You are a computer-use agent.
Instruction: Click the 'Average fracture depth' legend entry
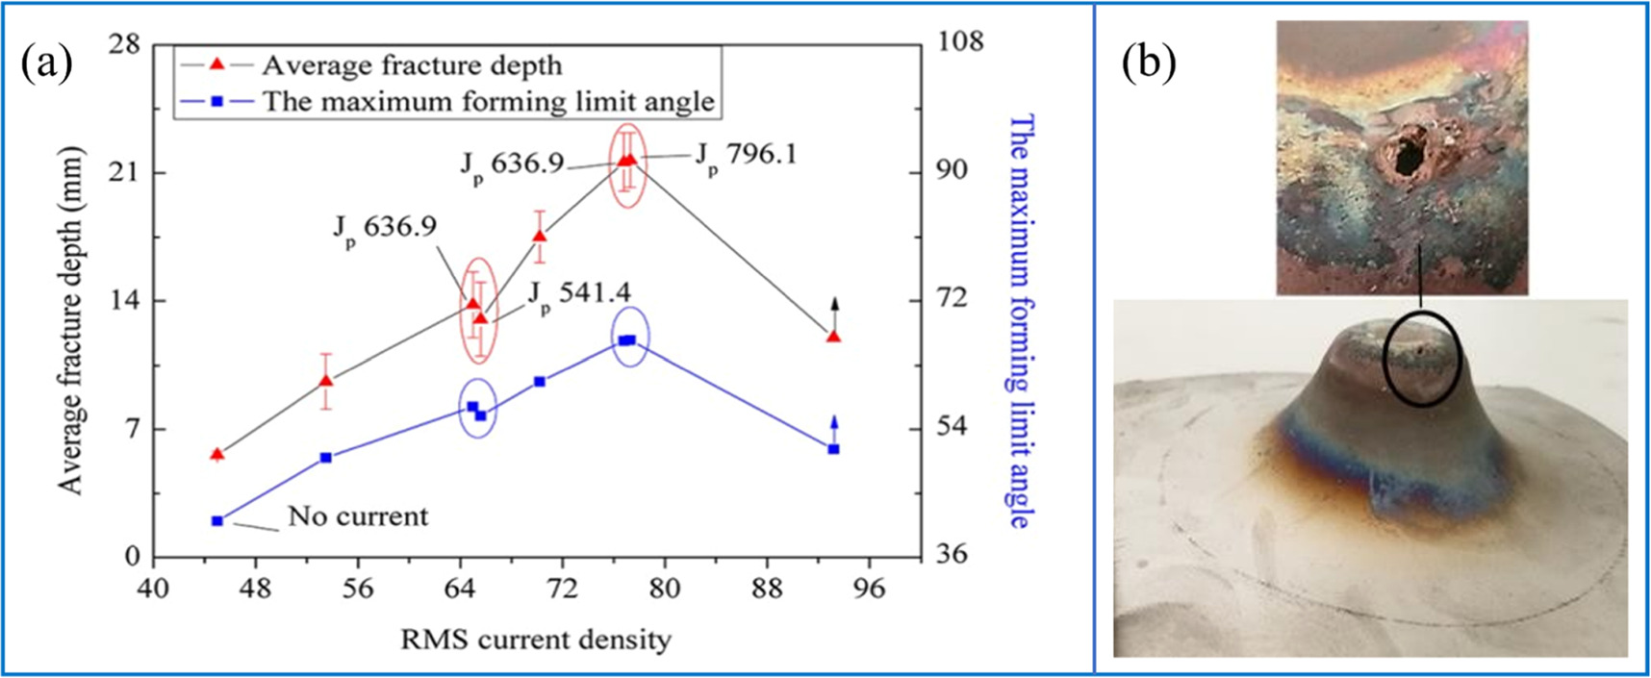click(x=411, y=65)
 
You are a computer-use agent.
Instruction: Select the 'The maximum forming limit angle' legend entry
click(x=488, y=101)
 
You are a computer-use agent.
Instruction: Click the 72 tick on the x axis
click(x=561, y=588)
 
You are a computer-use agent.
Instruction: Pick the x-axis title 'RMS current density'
click(x=536, y=639)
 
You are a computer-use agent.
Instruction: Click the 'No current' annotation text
click(x=358, y=516)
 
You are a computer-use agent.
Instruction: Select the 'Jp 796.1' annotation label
click(x=746, y=154)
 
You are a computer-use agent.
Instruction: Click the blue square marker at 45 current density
click(x=217, y=521)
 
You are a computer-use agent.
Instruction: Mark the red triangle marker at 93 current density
click(x=833, y=337)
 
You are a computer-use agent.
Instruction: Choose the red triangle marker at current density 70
click(x=540, y=236)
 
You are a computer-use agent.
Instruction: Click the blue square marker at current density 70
click(x=540, y=382)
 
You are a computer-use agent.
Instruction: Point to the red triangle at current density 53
click(x=326, y=381)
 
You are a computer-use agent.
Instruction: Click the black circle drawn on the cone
click(x=1422, y=358)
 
